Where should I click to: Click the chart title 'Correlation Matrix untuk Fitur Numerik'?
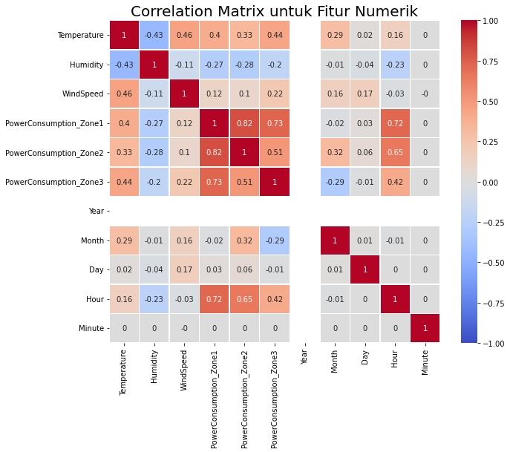pyautogui.click(x=274, y=11)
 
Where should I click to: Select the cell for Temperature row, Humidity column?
pyautogui.click(x=154, y=35)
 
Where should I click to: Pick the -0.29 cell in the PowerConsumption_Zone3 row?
pyautogui.click(x=335, y=182)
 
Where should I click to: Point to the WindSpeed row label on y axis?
pyautogui.click(x=82, y=94)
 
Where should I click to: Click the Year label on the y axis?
pyautogui.click(x=96, y=211)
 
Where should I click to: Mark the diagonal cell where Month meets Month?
pyautogui.click(x=335, y=240)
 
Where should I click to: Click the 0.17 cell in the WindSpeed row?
pyautogui.click(x=365, y=94)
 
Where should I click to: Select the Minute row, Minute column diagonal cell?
pyautogui.click(x=425, y=328)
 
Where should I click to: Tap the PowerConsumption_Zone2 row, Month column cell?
pyautogui.click(x=335, y=152)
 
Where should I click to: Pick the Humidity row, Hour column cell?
pyautogui.click(x=395, y=65)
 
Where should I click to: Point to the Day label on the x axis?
pyautogui.click(x=365, y=356)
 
